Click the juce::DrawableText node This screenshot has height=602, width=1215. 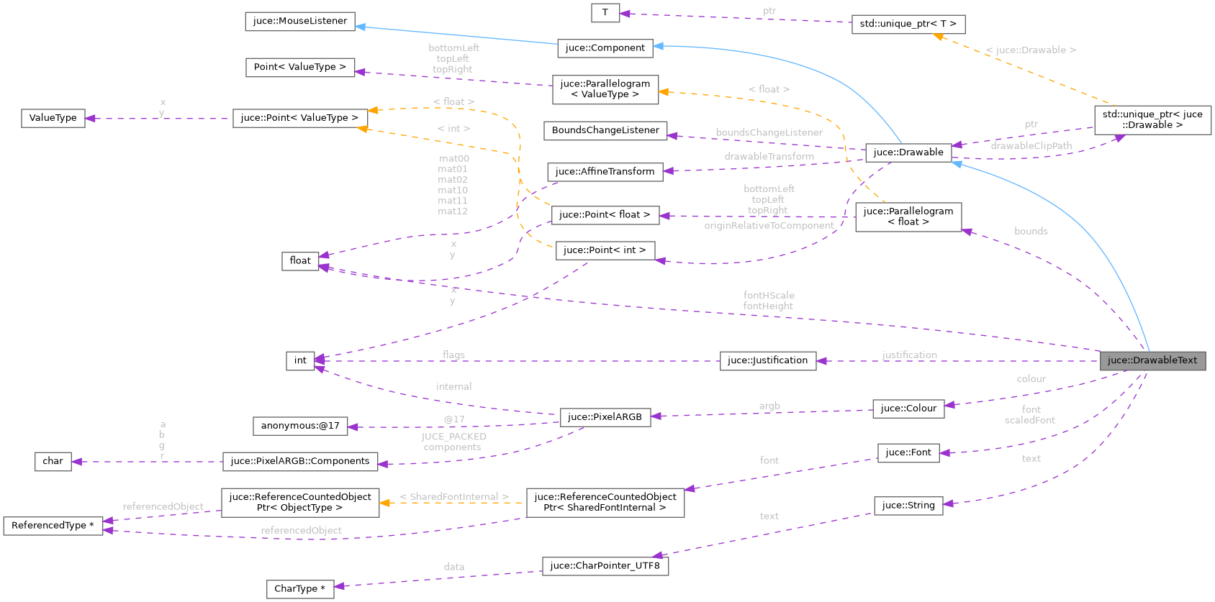[1152, 360]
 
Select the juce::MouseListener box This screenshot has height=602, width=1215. [299, 21]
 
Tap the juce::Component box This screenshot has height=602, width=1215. [605, 48]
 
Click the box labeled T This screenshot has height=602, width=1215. [605, 12]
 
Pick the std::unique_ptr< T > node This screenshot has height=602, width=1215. [908, 24]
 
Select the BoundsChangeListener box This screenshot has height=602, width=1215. [605, 130]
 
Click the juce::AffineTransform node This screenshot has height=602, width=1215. [605, 171]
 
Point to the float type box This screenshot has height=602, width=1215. [300, 260]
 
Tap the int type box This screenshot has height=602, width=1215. [300, 360]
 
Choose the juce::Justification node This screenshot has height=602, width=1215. [767, 360]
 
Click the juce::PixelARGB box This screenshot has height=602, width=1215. [605, 416]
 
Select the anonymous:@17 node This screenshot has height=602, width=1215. [300, 426]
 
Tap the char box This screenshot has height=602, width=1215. [53, 461]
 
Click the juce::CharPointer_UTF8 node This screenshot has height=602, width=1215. [605, 565]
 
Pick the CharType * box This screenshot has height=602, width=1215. [299, 588]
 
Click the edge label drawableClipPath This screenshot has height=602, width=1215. [1031, 146]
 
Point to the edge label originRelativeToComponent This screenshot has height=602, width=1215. [769, 226]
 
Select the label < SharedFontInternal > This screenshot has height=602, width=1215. [454, 497]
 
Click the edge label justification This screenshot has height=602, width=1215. [910, 355]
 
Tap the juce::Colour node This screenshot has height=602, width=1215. [908, 409]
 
